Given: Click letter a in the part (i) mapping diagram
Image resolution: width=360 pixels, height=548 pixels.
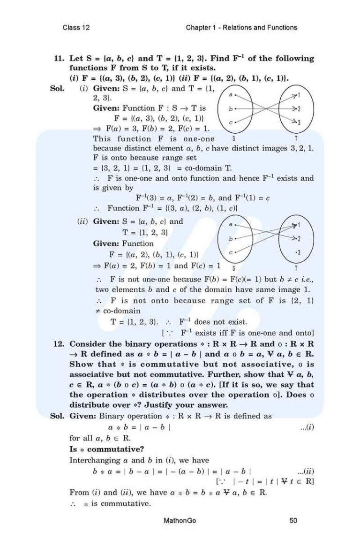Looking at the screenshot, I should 230,94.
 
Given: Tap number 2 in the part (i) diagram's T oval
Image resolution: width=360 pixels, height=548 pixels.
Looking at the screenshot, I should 299,108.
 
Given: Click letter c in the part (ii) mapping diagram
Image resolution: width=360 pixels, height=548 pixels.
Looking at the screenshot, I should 231,252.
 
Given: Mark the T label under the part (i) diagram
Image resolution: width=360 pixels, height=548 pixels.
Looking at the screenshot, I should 296,139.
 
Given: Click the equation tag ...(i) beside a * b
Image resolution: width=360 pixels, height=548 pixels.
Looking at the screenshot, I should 307,428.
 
